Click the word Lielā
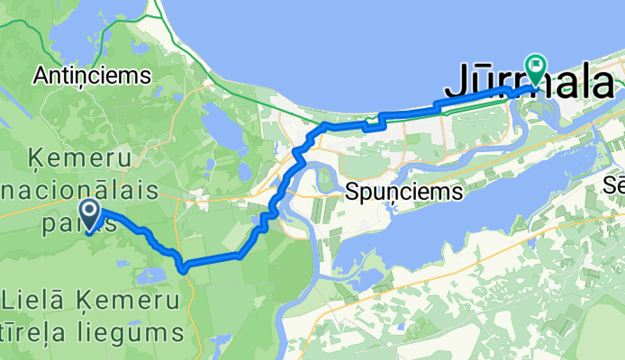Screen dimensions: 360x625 click(x=33, y=298)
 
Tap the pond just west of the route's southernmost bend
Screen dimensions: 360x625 click(x=149, y=274)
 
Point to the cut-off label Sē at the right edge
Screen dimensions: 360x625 click(x=615, y=184)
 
